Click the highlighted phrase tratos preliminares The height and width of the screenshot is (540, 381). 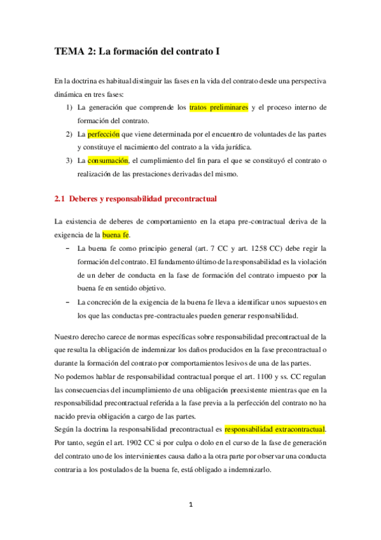tap(219, 108)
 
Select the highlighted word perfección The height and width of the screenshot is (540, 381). tap(103, 135)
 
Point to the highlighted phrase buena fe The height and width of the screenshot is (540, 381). tap(115, 236)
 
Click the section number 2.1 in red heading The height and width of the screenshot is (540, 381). tap(60, 199)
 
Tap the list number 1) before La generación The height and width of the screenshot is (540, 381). tap(69, 108)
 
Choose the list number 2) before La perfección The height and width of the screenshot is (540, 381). tap(69, 135)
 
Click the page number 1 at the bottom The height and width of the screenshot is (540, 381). tap(191, 505)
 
